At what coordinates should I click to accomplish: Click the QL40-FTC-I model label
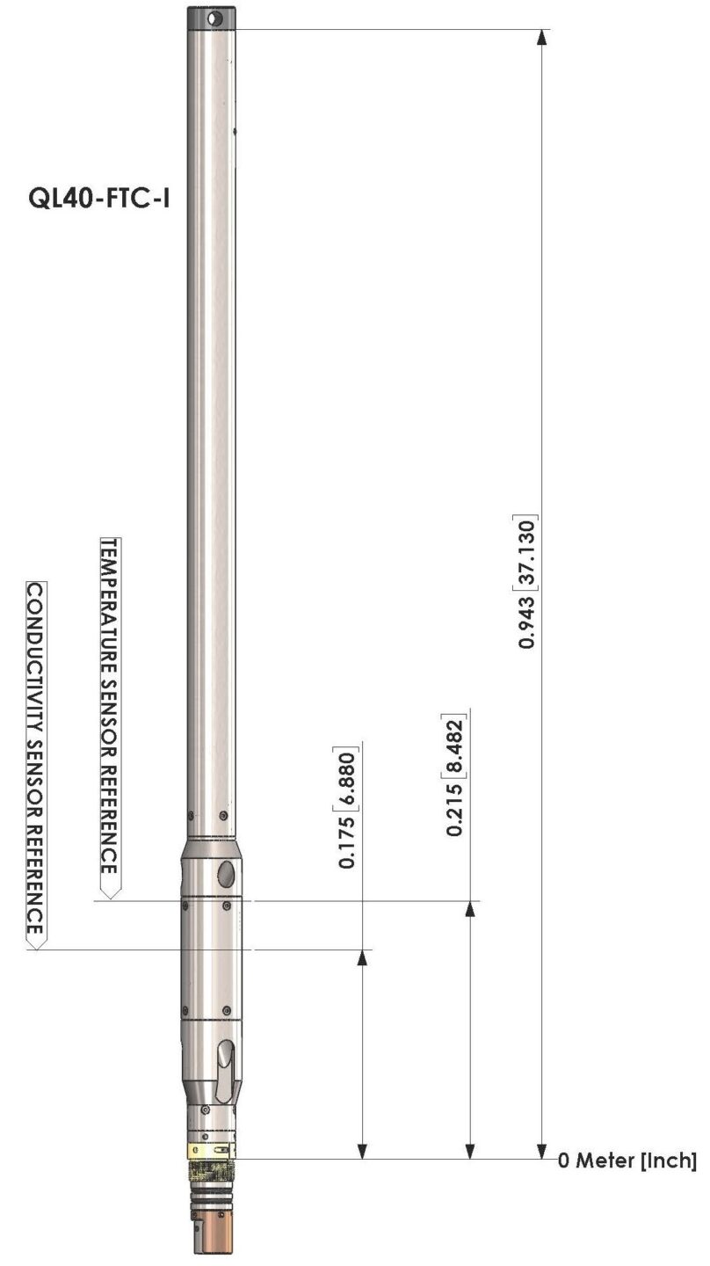[98, 199]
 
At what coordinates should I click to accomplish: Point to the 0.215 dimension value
[454, 810]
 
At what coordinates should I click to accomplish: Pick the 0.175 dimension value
[346, 842]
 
